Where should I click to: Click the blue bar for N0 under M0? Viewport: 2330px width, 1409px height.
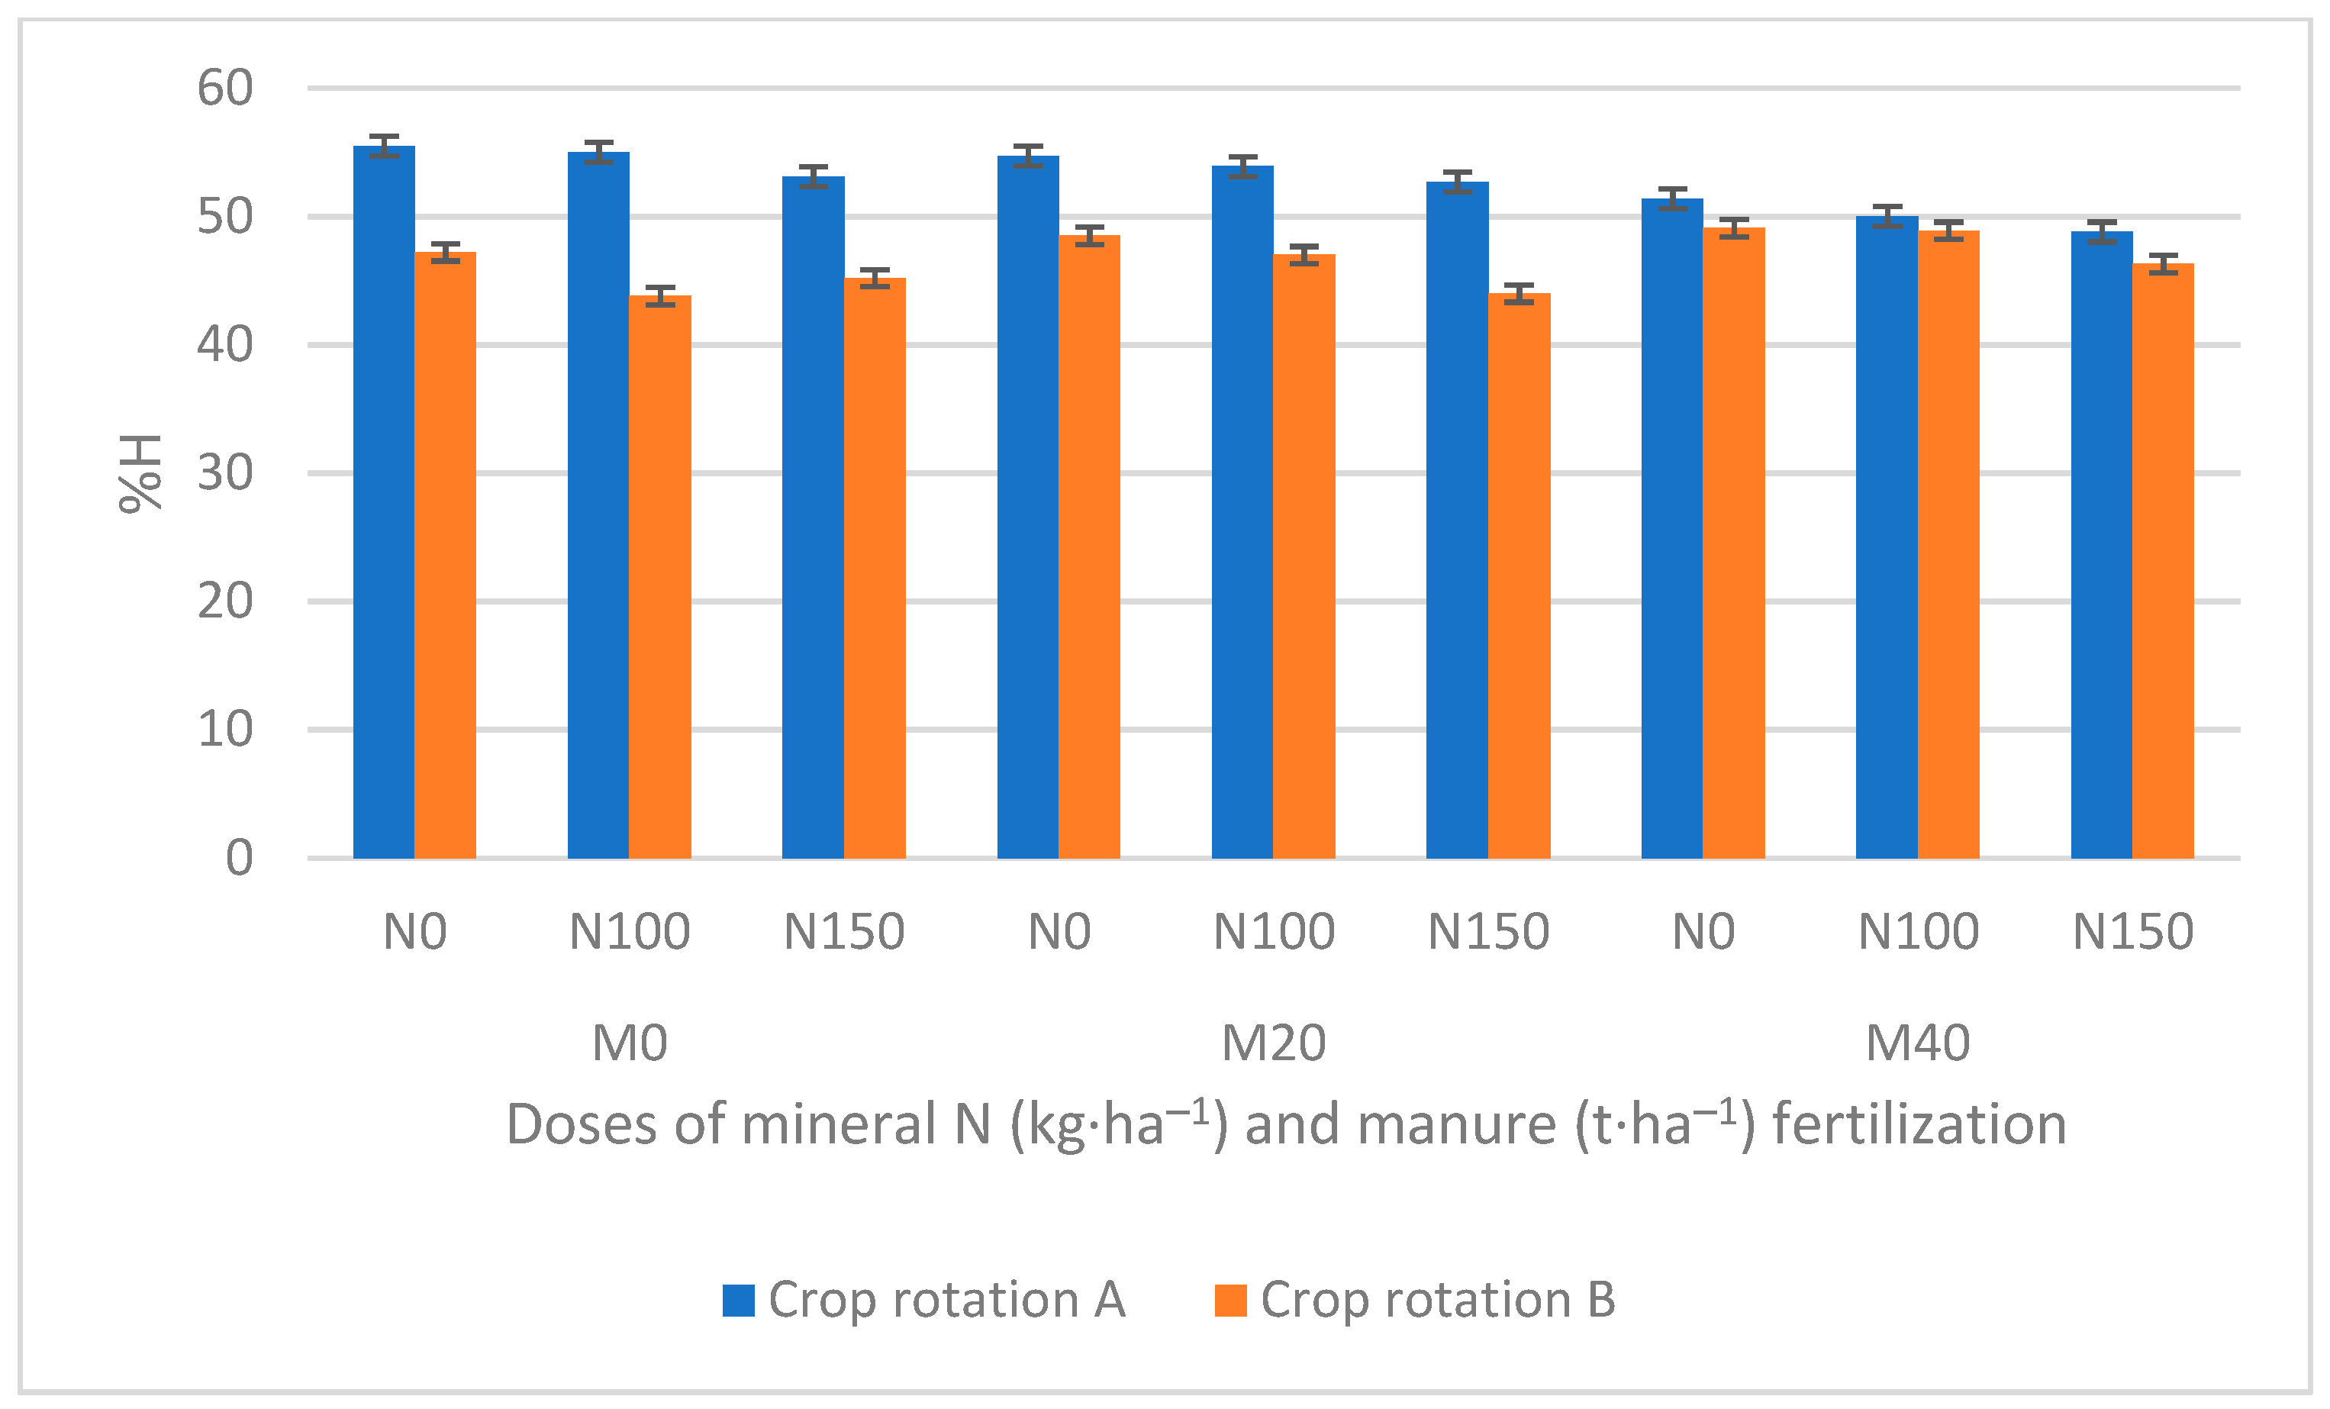tap(384, 501)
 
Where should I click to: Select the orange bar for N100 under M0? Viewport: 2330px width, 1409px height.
tap(660, 577)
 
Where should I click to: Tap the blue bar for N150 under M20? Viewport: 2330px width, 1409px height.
tap(1457, 520)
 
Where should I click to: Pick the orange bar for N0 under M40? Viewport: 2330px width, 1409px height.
tap(1733, 543)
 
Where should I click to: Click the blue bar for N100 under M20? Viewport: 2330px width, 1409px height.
tap(1242, 511)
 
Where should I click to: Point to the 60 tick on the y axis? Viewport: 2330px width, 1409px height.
tap(225, 88)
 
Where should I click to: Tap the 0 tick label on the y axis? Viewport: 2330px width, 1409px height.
tap(238, 859)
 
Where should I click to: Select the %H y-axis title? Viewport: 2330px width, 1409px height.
tap(140, 474)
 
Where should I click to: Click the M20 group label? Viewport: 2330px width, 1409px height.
tap(1274, 1043)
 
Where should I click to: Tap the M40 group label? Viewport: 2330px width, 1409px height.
tap(1918, 1043)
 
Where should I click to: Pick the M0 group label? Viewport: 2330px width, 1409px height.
tap(630, 1043)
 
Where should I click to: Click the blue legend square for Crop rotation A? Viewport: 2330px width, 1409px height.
tap(739, 1301)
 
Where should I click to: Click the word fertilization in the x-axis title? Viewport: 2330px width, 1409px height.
tap(1919, 1124)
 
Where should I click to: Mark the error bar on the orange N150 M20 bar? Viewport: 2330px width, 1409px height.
tap(1519, 293)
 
